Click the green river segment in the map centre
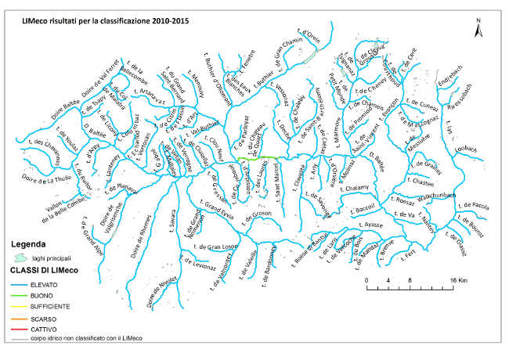point(258,159)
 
